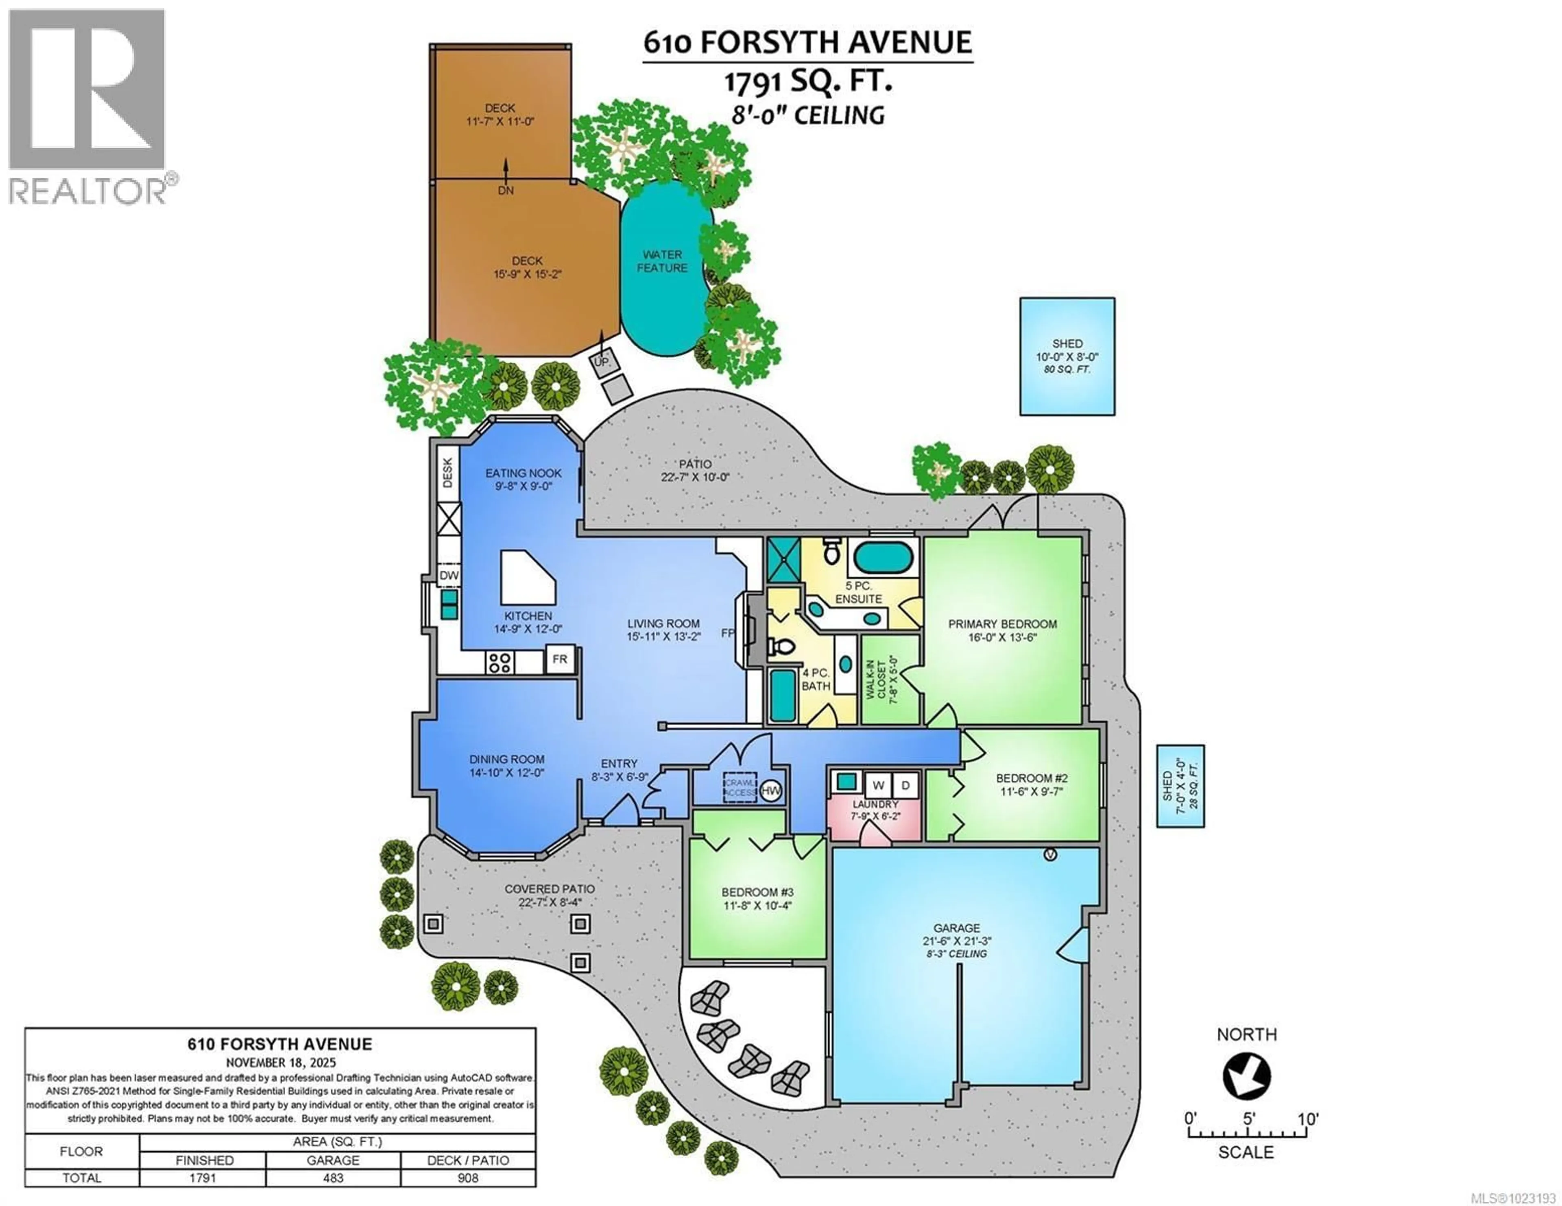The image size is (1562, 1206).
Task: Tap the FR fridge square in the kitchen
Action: point(559,659)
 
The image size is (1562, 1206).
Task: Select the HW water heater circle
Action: point(771,791)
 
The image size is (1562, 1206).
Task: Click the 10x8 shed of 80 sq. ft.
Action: point(1067,356)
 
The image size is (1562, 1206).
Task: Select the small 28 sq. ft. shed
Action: point(1180,786)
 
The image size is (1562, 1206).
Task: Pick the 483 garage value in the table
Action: point(333,1178)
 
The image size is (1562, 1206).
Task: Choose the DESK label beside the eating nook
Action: point(448,473)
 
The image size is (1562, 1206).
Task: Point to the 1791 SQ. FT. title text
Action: point(808,82)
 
